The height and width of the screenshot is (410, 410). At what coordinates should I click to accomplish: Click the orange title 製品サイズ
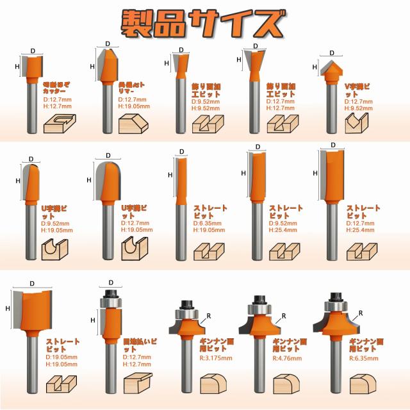(203, 24)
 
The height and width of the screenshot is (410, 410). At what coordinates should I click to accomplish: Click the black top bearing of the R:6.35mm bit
(333, 298)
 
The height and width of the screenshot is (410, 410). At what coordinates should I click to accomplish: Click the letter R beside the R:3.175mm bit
(206, 314)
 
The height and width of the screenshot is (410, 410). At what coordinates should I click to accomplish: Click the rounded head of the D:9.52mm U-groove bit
(29, 173)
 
